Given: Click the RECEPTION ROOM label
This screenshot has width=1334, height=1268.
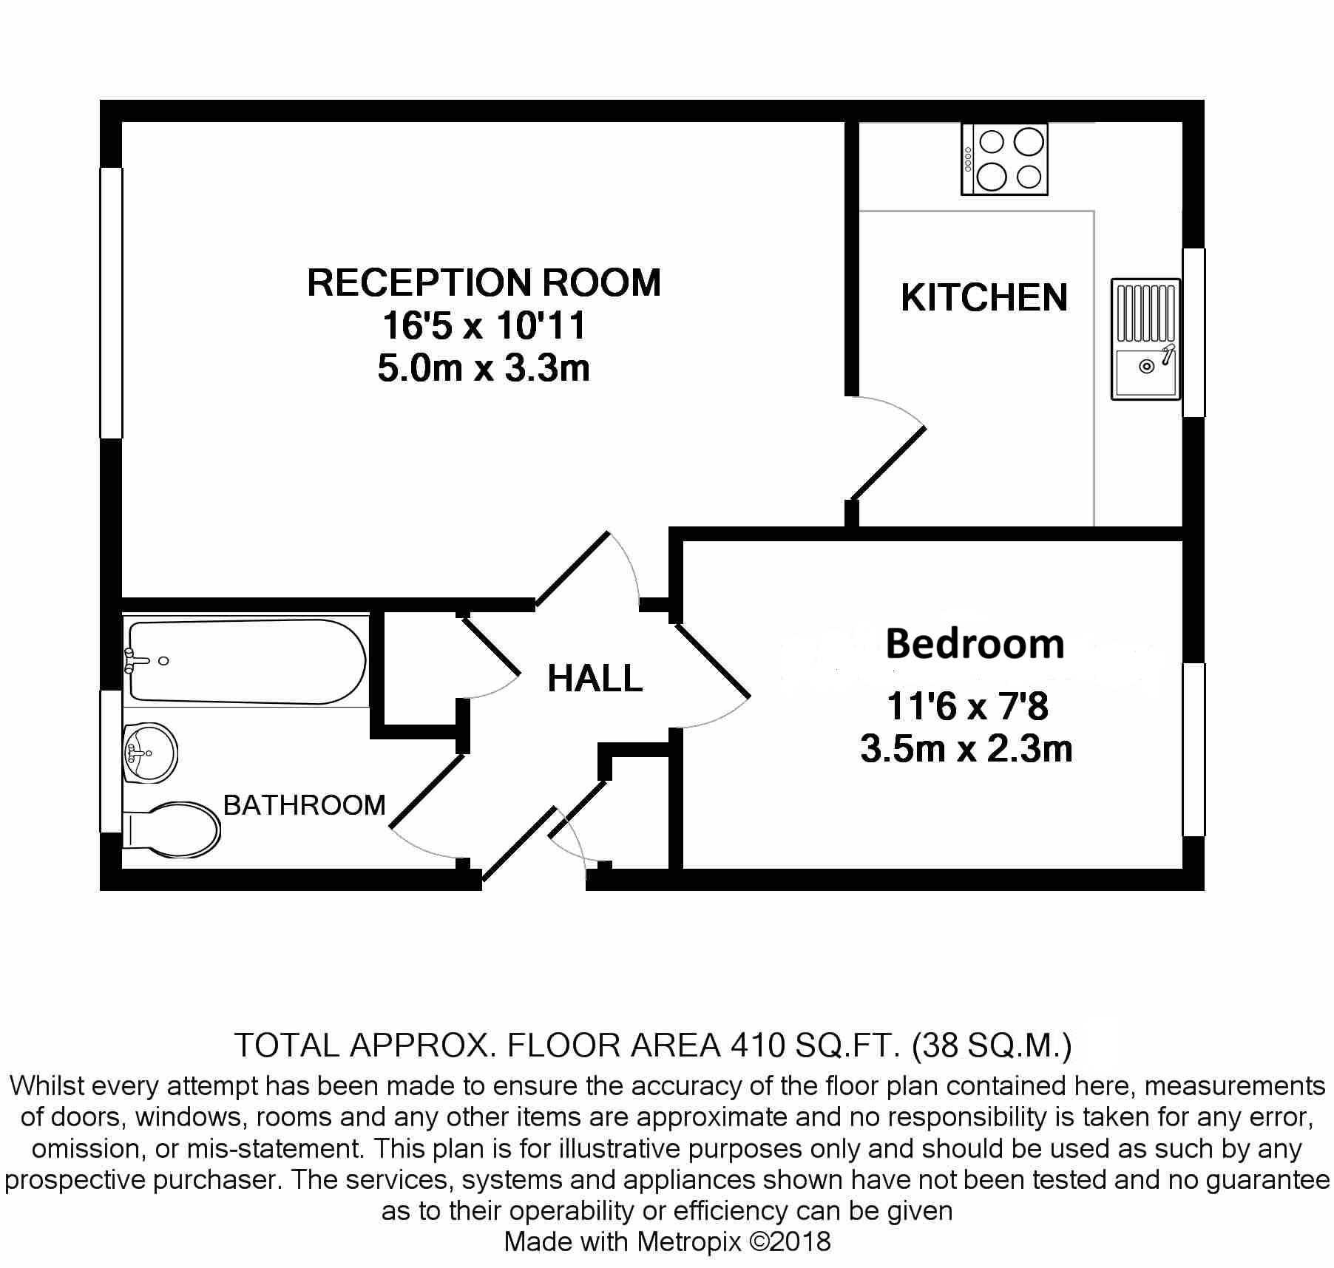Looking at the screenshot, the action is (484, 282).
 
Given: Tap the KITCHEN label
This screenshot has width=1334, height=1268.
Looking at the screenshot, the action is (984, 297).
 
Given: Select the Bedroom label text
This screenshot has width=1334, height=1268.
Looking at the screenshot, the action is (975, 643).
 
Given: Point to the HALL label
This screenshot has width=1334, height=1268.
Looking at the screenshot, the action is (595, 678).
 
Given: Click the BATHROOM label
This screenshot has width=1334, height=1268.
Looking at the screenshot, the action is (305, 804).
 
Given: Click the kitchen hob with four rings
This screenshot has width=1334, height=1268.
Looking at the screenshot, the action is (1005, 160).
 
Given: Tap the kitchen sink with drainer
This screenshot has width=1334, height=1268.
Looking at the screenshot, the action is (1145, 339).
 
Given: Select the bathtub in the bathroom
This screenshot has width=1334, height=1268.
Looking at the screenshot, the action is (247, 661).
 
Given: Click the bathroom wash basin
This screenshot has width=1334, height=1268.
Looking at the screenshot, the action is (150, 752).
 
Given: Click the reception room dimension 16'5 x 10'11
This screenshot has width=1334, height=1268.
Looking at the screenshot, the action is (484, 325).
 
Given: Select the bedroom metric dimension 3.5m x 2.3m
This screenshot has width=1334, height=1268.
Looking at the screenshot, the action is (966, 749).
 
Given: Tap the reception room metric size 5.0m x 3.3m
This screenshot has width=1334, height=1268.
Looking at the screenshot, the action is (484, 367).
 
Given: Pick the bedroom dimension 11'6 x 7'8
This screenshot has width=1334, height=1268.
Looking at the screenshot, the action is (967, 707).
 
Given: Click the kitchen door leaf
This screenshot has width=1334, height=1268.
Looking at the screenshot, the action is (888, 464).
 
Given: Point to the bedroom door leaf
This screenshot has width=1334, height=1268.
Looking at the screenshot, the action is (712, 660).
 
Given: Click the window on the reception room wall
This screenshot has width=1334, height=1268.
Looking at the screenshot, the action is (111, 303).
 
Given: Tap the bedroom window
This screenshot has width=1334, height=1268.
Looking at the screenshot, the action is (1194, 750).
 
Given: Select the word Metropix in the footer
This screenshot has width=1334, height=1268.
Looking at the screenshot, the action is (689, 1241).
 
